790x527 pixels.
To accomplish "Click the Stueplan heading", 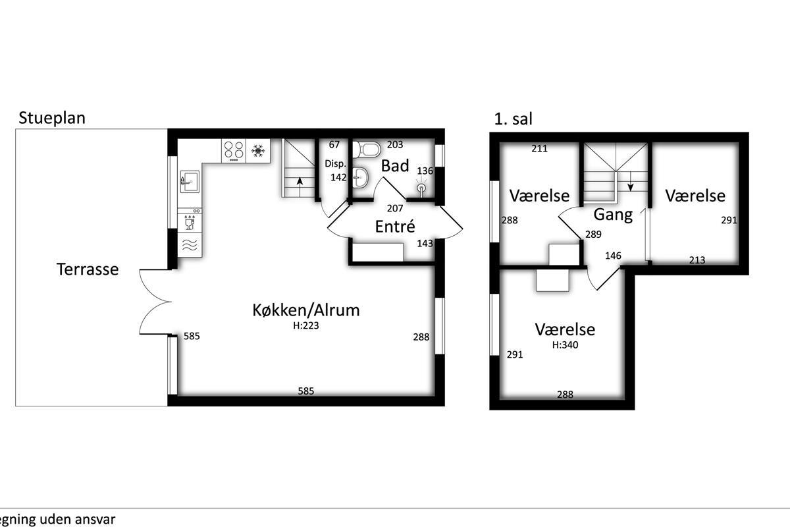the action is [x=52, y=119].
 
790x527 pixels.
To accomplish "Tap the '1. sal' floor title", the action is [x=513, y=119].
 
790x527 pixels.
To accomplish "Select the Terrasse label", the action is [x=88, y=269].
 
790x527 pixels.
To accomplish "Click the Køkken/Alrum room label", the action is [x=305, y=310].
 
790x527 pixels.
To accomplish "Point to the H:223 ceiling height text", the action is [x=305, y=325].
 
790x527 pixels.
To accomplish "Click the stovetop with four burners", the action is [x=234, y=151].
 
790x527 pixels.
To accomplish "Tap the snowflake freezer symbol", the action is [x=258, y=151].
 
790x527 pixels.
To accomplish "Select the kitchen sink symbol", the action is [x=190, y=181].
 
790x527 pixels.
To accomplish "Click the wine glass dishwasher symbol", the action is [x=190, y=224].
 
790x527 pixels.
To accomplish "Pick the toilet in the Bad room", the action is [x=367, y=150].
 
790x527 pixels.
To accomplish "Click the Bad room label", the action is [x=395, y=166].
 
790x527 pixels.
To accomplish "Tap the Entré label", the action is [x=394, y=227].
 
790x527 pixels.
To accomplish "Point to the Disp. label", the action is [x=335, y=164].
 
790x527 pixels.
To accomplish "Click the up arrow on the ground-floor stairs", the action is [x=300, y=186].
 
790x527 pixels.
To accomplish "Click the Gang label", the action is [x=613, y=215].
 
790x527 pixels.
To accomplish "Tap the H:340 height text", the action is [x=565, y=345].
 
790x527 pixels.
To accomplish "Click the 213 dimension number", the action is [x=697, y=260].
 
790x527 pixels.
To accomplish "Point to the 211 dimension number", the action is [x=540, y=149].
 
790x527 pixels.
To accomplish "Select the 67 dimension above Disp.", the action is [x=334, y=145].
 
